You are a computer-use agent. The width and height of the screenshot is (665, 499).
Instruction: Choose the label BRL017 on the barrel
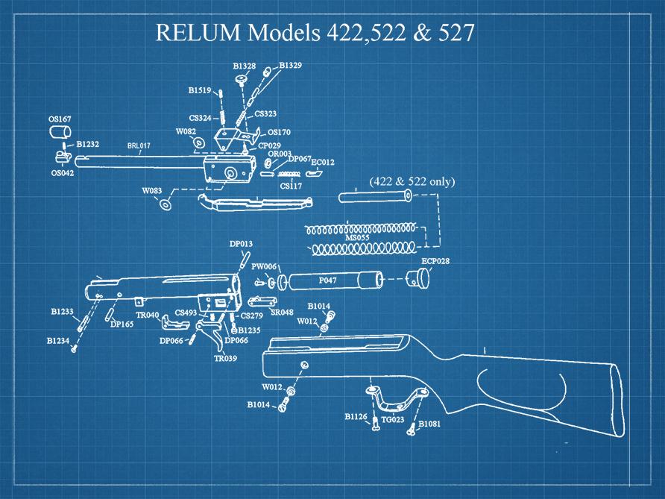coord(139,146)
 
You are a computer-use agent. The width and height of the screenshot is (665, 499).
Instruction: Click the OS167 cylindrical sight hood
coord(59,133)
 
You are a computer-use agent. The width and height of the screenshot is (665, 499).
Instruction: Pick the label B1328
coord(244,66)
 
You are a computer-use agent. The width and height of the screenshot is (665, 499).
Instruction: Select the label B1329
coord(290,66)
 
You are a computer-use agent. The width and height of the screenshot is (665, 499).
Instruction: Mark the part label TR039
coord(225,358)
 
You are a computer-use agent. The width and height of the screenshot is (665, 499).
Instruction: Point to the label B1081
coord(429,424)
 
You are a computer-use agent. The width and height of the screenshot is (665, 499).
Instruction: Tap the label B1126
coord(356,416)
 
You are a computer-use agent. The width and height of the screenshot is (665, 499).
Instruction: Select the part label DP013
coord(241,243)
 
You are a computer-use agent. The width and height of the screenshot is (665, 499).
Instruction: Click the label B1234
coord(57,340)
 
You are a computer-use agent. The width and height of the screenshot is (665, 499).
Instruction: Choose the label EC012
coord(323,161)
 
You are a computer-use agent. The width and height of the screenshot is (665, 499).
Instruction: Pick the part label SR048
coord(282,313)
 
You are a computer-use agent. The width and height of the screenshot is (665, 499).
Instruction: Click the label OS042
coord(62,172)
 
